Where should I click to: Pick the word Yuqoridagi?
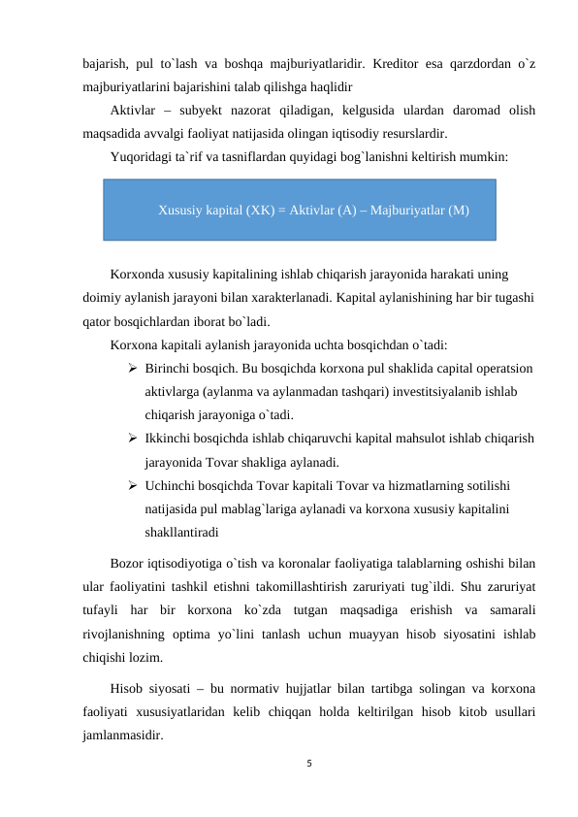144,155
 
